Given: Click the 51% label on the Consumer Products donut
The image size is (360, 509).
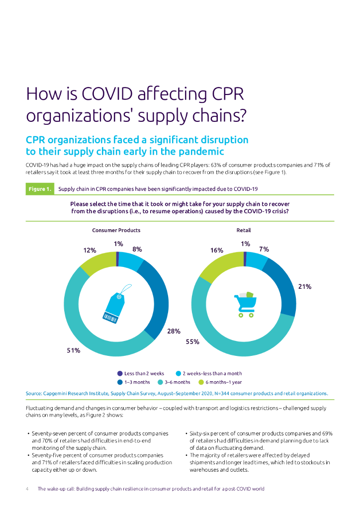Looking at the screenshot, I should [x=73, y=350].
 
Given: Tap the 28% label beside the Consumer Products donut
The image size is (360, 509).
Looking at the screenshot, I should [x=174, y=331].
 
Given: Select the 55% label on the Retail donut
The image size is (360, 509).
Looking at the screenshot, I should [x=192, y=341].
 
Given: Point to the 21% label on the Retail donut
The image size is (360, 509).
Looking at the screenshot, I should [x=304, y=286].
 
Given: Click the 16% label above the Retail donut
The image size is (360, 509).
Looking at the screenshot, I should [x=216, y=251].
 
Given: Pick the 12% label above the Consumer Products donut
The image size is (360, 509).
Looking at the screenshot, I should [x=90, y=251].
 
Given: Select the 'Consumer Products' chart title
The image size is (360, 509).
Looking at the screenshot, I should [x=116, y=230].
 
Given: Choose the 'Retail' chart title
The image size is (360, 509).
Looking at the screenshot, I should [x=244, y=230].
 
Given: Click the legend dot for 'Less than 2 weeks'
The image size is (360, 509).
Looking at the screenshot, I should [x=120, y=373].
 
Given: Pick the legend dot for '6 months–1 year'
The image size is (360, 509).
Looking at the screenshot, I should [x=201, y=382].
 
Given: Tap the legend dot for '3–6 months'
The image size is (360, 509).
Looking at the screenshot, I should [x=160, y=382].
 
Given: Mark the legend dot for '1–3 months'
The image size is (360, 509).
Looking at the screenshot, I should [x=120, y=382].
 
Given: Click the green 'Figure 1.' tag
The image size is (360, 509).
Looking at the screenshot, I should [x=40, y=189].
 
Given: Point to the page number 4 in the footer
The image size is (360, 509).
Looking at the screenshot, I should [x=27, y=489].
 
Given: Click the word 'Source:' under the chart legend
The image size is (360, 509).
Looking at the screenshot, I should [x=34, y=393].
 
